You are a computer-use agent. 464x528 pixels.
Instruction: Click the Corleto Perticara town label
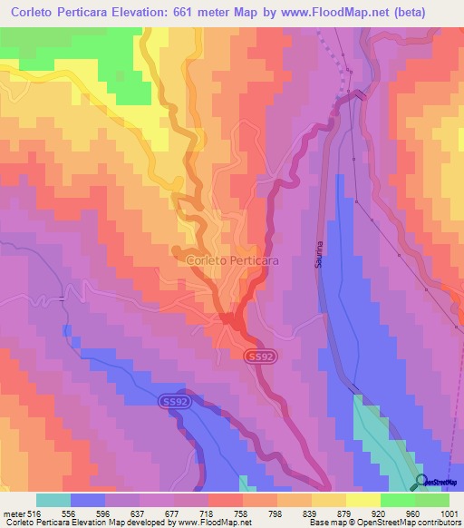232,260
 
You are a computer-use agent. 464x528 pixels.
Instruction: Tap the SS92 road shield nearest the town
259,357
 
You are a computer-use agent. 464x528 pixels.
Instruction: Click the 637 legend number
140,513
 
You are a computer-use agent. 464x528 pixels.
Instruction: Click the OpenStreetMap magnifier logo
420,481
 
